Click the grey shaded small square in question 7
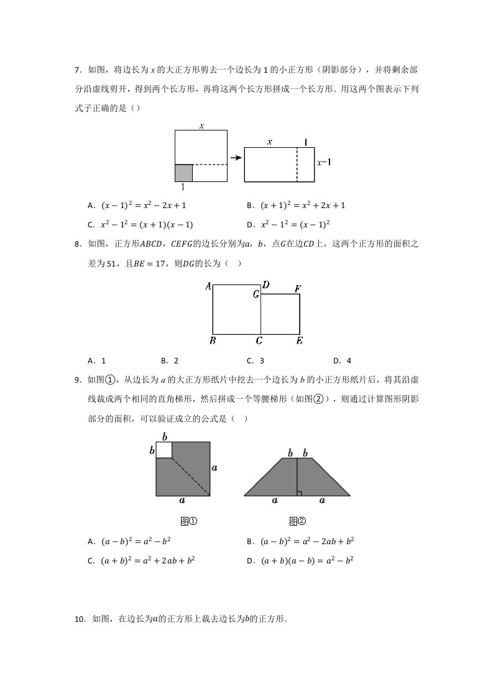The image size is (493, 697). [183, 173]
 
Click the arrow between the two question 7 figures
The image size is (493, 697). [235, 158]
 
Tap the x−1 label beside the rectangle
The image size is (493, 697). [324, 163]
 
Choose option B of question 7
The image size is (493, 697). [296, 205]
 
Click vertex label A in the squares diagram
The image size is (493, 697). [208, 286]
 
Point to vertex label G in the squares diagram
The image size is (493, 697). [256, 294]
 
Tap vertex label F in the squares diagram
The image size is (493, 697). [298, 289]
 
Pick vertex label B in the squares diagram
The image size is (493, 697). [213, 341]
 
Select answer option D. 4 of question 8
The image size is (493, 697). [342, 360]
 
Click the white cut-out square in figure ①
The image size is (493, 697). [164, 450]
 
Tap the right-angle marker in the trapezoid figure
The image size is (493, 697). [300, 493]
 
